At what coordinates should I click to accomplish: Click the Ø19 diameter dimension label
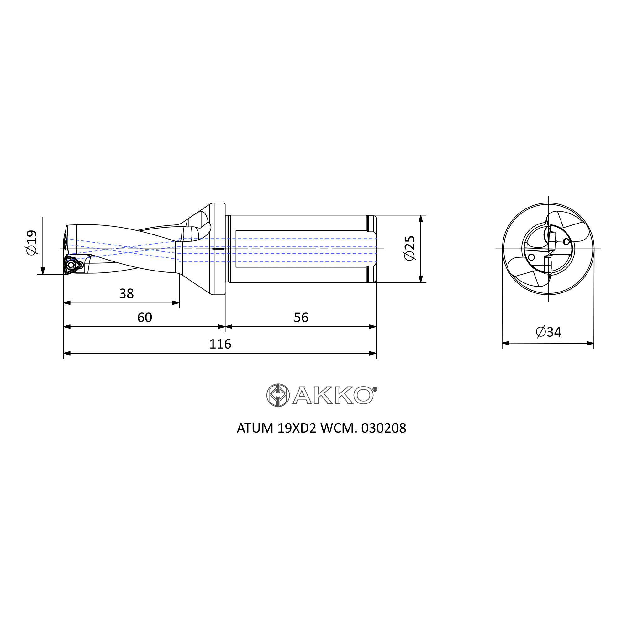coord(32,243)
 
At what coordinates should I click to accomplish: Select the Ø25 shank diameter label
coord(409,248)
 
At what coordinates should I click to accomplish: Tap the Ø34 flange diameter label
coord(548,332)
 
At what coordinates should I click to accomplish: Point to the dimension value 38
coord(126,294)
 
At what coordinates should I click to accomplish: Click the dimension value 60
coord(145,317)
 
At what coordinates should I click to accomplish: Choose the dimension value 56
coord(301,317)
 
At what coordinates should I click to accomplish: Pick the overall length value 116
coord(220,344)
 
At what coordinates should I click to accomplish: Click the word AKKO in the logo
coord(333,395)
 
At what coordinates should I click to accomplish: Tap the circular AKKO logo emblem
coord(278,395)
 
